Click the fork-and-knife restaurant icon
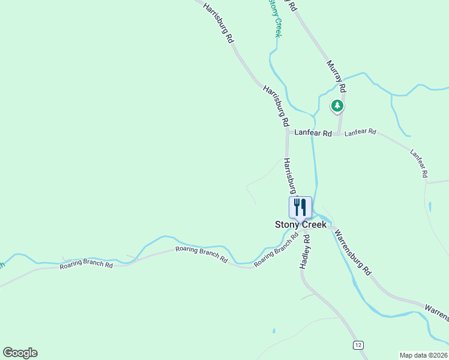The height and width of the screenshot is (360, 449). [x=300, y=207]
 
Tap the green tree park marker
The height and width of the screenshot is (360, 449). [x=337, y=106]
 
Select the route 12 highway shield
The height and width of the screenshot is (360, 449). [x=358, y=345]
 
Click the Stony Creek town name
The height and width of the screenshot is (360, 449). [x=301, y=224]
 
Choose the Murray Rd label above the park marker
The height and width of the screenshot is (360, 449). [x=337, y=76]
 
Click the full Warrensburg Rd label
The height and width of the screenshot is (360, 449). [x=353, y=253]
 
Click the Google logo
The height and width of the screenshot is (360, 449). [x=20, y=353]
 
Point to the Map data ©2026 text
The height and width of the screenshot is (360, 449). [x=424, y=355]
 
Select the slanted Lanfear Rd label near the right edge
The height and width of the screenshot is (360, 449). [x=418, y=163]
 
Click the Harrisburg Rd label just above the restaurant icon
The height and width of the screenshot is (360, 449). [x=291, y=176]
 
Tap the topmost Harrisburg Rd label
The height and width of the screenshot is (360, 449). [x=218, y=23]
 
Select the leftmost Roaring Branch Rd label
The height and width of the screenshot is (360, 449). [x=86, y=265]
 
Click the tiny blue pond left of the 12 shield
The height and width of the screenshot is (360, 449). [x=273, y=331]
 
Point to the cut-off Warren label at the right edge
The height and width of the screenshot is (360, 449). [x=437, y=311]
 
